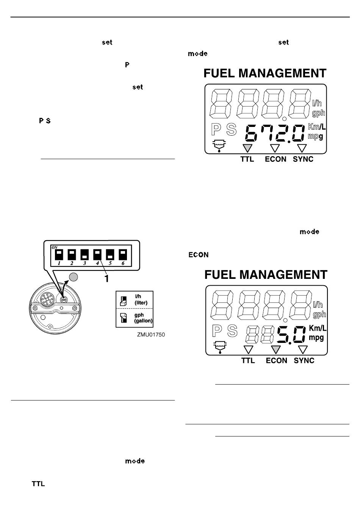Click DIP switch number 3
tap(85, 255)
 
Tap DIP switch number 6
tap(123, 255)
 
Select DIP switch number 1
tap(59, 255)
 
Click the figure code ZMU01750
tap(151, 335)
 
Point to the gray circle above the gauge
tap(74, 277)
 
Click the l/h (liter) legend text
tap(141, 299)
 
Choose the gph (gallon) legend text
tap(143, 318)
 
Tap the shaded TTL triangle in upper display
tap(247, 148)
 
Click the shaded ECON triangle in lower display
tap(276, 349)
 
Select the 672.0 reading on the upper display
tap(275, 133)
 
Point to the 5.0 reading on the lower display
tap(291, 335)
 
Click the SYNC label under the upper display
tap(303, 159)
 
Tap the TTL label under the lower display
tap(248, 360)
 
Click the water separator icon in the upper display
tap(219, 146)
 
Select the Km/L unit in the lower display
tap(318, 328)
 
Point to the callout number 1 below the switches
tap(106, 278)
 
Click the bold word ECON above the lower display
tap(198, 255)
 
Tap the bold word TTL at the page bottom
tap(38, 484)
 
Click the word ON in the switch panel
tap(55, 247)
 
